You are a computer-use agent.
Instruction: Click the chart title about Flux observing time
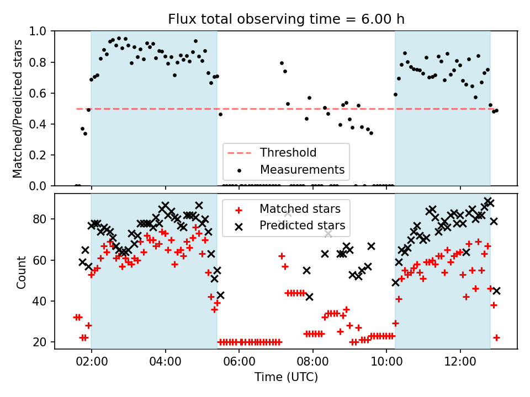[x=286, y=19]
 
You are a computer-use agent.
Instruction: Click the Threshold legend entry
[x=288, y=153]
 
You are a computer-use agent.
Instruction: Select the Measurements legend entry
[x=302, y=169]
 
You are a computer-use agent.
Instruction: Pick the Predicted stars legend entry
[x=302, y=225]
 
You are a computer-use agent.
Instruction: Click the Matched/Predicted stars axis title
[x=18, y=109]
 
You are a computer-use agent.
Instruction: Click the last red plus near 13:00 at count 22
[x=496, y=337]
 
